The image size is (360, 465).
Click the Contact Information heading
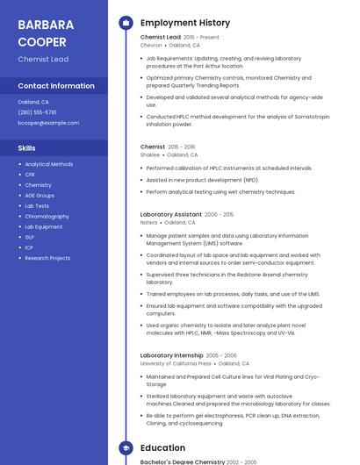(x=56, y=86)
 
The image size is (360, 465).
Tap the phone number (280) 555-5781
(x=37, y=112)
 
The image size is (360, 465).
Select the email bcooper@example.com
(x=48, y=123)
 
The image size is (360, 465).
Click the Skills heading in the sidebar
(x=26, y=148)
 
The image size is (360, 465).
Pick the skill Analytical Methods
(x=49, y=164)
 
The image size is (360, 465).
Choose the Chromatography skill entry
(x=47, y=216)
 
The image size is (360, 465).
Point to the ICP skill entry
(x=30, y=247)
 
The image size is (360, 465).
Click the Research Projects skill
(x=47, y=258)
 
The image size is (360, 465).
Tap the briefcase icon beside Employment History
(x=126, y=23)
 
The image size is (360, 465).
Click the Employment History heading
(x=185, y=23)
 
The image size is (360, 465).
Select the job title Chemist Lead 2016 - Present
(x=180, y=38)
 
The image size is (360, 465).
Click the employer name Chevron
(x=151, y=45)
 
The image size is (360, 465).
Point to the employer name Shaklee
(x=150, y=154)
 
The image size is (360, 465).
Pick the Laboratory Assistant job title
(x=171, y=214)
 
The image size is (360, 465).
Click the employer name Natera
(x=149, y=222)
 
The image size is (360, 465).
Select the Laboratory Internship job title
(x=171, y=355)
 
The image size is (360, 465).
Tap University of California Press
(x=176, y=363)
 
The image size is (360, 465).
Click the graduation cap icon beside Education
(x=126, y=447)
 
